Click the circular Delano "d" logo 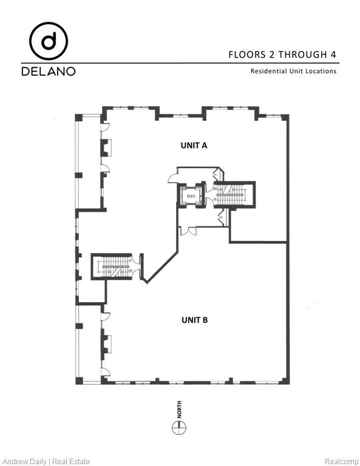coord(49,41)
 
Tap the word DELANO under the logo coord(49,72)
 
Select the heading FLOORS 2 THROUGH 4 coord(282,54)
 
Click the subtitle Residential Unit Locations coord(293,71)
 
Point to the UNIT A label coord(194,145)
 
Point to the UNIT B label coord(194,319)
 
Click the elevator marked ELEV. coord(190,196)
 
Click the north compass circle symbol coord(179,428)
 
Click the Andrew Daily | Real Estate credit coord(46,461)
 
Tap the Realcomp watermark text coord(342,461)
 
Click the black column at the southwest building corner coord(79,380)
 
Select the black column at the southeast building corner coord(285,380)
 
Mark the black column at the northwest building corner coord(79,116)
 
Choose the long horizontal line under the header coord(180,62)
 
